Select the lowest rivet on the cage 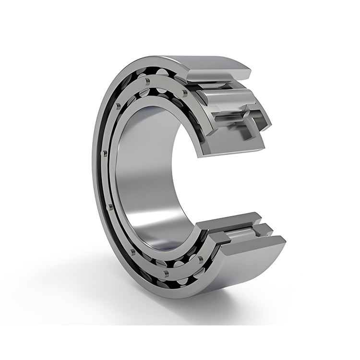(x=165, y=273)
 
